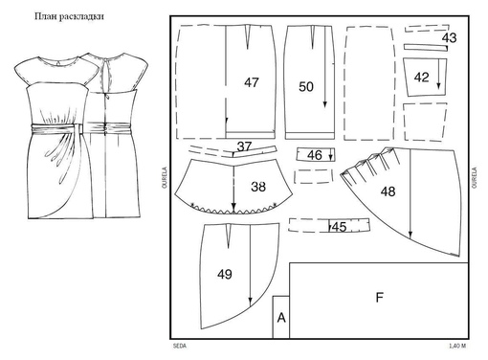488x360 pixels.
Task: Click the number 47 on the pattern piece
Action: pyautogui.click(x=252, y=82)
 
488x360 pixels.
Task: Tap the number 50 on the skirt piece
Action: pyautogui.click(x=306, y=87)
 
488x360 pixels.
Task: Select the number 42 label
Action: pyautogui.click(x=421, y=78)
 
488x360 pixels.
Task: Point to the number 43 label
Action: pyautogui.click(x=449, y=38)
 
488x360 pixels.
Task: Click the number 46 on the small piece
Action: pyautogui.click(x=315, y=155)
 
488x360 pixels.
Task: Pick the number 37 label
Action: pyautogui.click(x=244, y=146)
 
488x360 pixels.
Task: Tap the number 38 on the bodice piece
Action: pyautogui.click(x=258, y=187)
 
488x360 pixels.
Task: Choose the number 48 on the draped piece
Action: pyautogui.click(x=388, y=191)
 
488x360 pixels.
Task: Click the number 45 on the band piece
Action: pyautogui.click(x=339, y=227)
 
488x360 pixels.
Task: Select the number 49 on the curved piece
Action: pyautogui.click(x=225, y=274)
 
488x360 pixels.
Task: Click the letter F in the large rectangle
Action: pyautogui.click(x=379, y=298)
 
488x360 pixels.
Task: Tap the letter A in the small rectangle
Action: pyautogui.click(x=281, y=318)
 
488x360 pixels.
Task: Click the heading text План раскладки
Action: pyautogui.click(x=69, y=16)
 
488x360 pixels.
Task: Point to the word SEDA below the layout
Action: pyautogui.click(x=180, y=346)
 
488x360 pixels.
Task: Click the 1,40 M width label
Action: pyautogui.click(x=457, y=346)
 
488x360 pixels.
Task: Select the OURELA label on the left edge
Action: pyautogui.click(x=165, y=177)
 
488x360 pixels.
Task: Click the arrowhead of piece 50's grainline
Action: pyautogui.click(x=324, y=104)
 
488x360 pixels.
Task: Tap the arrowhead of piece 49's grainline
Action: pyautogui.click(x=250, y=302)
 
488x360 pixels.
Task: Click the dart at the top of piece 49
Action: pyautogui.click(x=228, y=236)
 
